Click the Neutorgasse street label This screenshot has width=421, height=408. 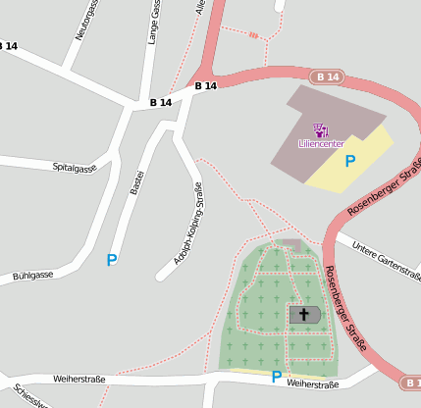tap(87, 21)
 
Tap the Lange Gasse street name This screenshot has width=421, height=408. tap(154, 23)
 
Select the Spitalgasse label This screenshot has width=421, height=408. tap(75, 168)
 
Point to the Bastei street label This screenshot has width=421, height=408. tap(137, 180)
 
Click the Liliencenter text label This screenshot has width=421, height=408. tap(321, 143)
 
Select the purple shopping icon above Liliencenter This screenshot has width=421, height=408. tap(320, 129)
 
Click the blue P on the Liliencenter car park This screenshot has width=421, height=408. tap(349, 161)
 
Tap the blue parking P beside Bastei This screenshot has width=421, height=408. tap(112, 260)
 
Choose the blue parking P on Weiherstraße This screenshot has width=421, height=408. tap(276, 376)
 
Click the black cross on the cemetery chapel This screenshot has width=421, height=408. tap(304, 314)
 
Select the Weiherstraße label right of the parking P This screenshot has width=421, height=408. tap(313, 384)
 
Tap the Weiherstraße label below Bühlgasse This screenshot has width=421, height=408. tap(79, 378)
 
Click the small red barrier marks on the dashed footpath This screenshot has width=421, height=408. tap(256, 35)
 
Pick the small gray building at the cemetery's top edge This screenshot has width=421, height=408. tap(289, 242)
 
